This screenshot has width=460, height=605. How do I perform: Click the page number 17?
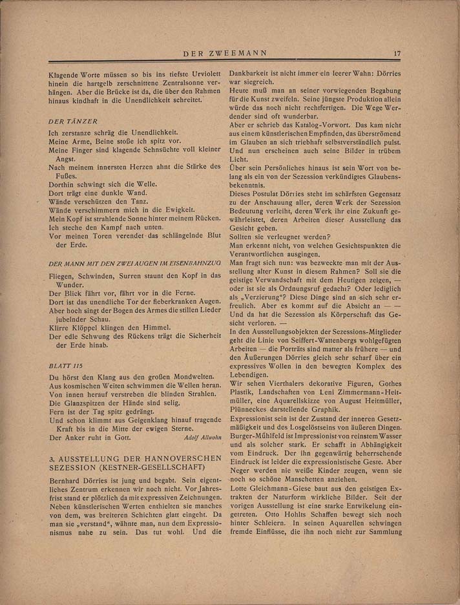coord(397,54)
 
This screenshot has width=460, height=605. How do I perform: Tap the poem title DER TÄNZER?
coord(73,121)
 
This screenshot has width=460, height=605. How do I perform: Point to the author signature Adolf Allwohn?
coord(203,438)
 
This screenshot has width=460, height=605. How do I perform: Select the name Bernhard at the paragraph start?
coord(67,482)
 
